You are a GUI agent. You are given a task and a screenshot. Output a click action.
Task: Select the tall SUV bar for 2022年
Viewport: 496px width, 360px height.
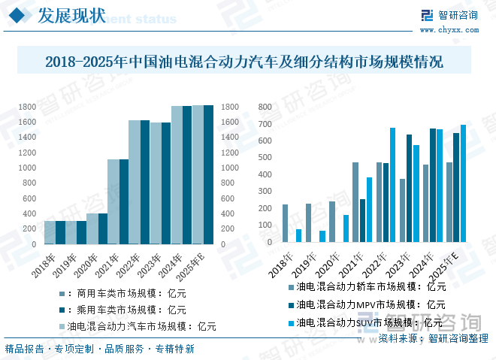(392, 185)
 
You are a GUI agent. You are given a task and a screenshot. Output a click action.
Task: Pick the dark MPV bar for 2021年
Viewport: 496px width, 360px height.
(362, 220)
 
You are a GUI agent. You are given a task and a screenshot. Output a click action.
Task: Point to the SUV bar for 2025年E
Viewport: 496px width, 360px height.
(463, 183)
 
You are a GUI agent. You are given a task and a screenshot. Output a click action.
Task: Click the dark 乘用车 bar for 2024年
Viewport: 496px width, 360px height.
(187, 175)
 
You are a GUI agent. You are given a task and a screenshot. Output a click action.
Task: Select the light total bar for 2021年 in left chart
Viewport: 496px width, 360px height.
(113, 201)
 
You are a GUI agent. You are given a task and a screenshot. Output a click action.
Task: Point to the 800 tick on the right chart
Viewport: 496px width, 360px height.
(264, 107)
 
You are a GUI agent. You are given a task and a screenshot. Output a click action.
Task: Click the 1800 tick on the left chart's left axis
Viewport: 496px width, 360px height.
(27, 107)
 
